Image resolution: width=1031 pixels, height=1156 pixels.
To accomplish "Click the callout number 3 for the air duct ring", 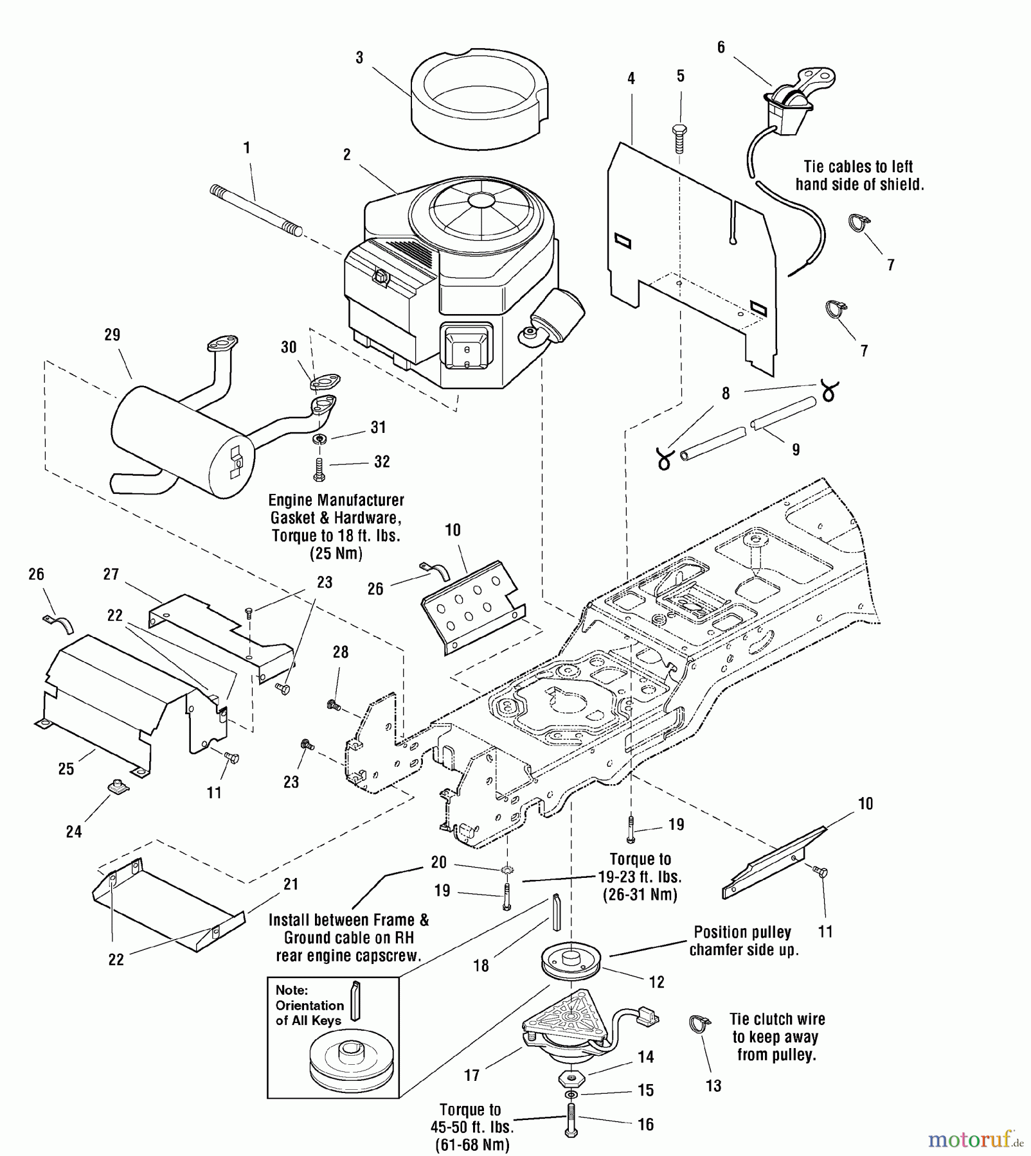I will pos(359,58).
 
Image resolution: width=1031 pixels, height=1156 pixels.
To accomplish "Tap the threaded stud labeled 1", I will pos(256,211).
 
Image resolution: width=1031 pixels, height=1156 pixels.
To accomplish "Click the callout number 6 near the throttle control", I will pos(721,48).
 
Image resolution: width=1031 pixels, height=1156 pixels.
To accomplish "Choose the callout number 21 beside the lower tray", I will pos(291,884).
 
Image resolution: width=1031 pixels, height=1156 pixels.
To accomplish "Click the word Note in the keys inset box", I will pos(291,990).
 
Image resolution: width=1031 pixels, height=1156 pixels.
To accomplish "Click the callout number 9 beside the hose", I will pos(796,450).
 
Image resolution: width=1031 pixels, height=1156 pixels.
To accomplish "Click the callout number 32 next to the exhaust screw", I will pos(382,462).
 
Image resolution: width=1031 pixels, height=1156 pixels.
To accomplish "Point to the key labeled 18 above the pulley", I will pos(557,912).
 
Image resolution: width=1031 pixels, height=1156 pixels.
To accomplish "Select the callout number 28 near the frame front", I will pos(341,652).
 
